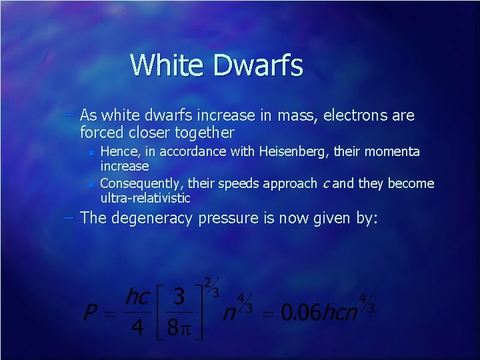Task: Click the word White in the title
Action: pos(166,65)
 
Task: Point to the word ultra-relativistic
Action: pos(145,198)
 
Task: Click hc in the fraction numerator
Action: pos(137,296)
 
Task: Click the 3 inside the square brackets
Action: pos(179,297)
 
